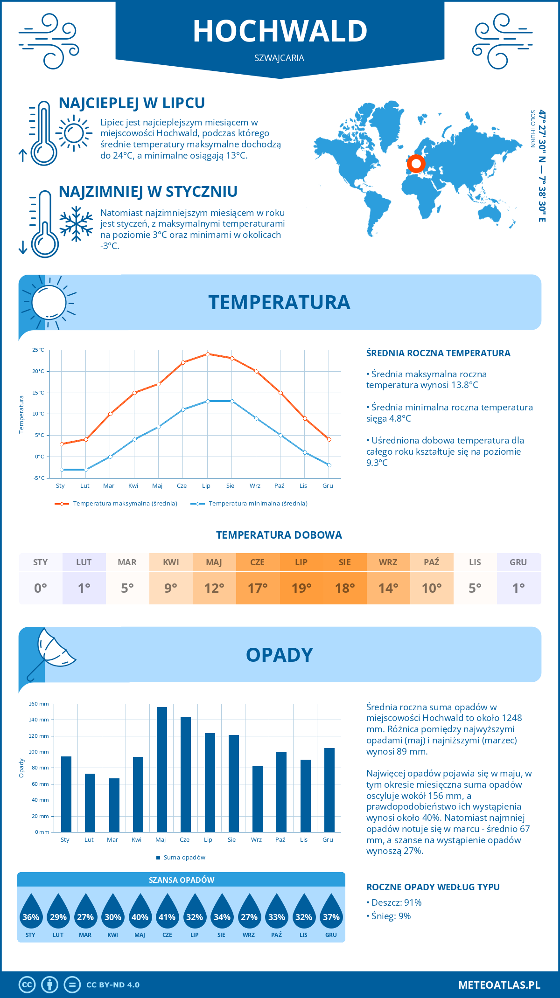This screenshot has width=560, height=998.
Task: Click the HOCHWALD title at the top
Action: tap(280, 31)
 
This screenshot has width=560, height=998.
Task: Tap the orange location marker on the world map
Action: tap(416, 164)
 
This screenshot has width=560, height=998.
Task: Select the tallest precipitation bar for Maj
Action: tap(161, 769)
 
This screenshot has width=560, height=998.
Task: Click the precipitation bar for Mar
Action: tap(114, 805)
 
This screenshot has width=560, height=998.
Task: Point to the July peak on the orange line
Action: tap(208, 354)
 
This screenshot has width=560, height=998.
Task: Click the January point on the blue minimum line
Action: tap(62, 470)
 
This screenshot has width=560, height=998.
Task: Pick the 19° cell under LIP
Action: tap(301, 588)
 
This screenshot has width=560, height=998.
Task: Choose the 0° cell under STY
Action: tap(41, 588)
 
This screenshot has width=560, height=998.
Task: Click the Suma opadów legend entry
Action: tap(184, 858)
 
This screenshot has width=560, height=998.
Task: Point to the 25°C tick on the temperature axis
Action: tap(38, 350)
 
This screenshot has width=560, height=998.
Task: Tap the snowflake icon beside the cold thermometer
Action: tap(76, 224)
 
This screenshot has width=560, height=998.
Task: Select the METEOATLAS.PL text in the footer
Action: tap(499, 985)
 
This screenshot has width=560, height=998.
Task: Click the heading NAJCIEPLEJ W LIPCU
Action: tap(132, 103)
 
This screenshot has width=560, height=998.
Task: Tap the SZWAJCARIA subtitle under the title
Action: tap(279, 58)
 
